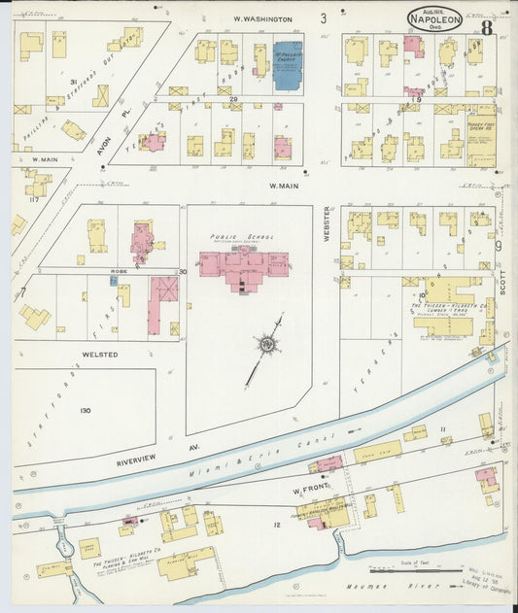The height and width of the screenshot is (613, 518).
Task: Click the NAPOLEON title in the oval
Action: pos(434,17)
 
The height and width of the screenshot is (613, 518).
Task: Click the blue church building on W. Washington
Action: pos(287,65)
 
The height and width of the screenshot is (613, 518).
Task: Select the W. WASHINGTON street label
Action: pos(262,19)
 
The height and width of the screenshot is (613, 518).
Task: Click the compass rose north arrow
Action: pos(265,344)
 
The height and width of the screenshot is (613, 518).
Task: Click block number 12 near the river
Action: pos(276,526)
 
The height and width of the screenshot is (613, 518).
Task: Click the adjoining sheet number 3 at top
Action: pos(324,17)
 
